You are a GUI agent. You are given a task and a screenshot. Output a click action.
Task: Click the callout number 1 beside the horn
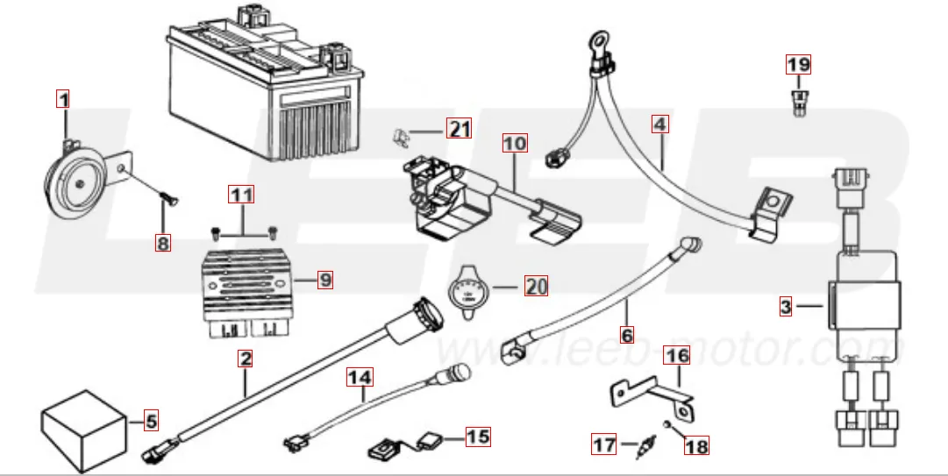[62, 99]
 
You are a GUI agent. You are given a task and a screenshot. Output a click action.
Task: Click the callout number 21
[459, 130]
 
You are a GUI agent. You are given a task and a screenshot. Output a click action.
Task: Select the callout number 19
[798, 64]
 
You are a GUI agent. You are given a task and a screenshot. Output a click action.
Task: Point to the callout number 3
[786, 307]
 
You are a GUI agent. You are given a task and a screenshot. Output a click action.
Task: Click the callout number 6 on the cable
[626, 334]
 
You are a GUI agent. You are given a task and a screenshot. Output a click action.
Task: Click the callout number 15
[478, 436]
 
